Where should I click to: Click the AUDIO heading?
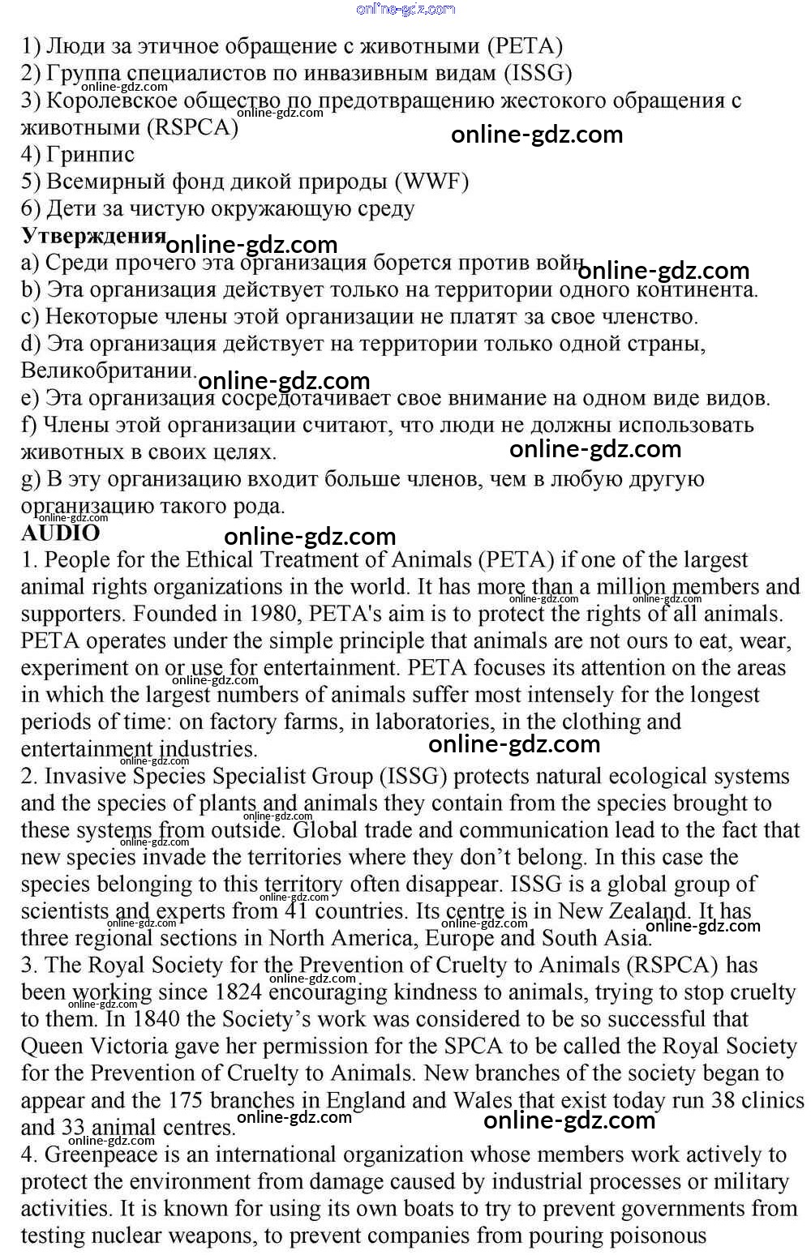(x=61, y=533)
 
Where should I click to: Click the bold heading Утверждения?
(x=93, y=235)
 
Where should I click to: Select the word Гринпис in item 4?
(x=91, y=154)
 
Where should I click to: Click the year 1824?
(x=239, y=992)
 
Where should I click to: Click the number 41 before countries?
(x=297, y=910)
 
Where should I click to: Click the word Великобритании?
(x=108, y=371)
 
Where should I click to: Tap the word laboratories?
(x=433, y=722)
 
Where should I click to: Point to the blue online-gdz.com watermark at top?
(x=405, y=9)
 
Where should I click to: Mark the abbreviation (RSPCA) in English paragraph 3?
(x=672, y=965)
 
